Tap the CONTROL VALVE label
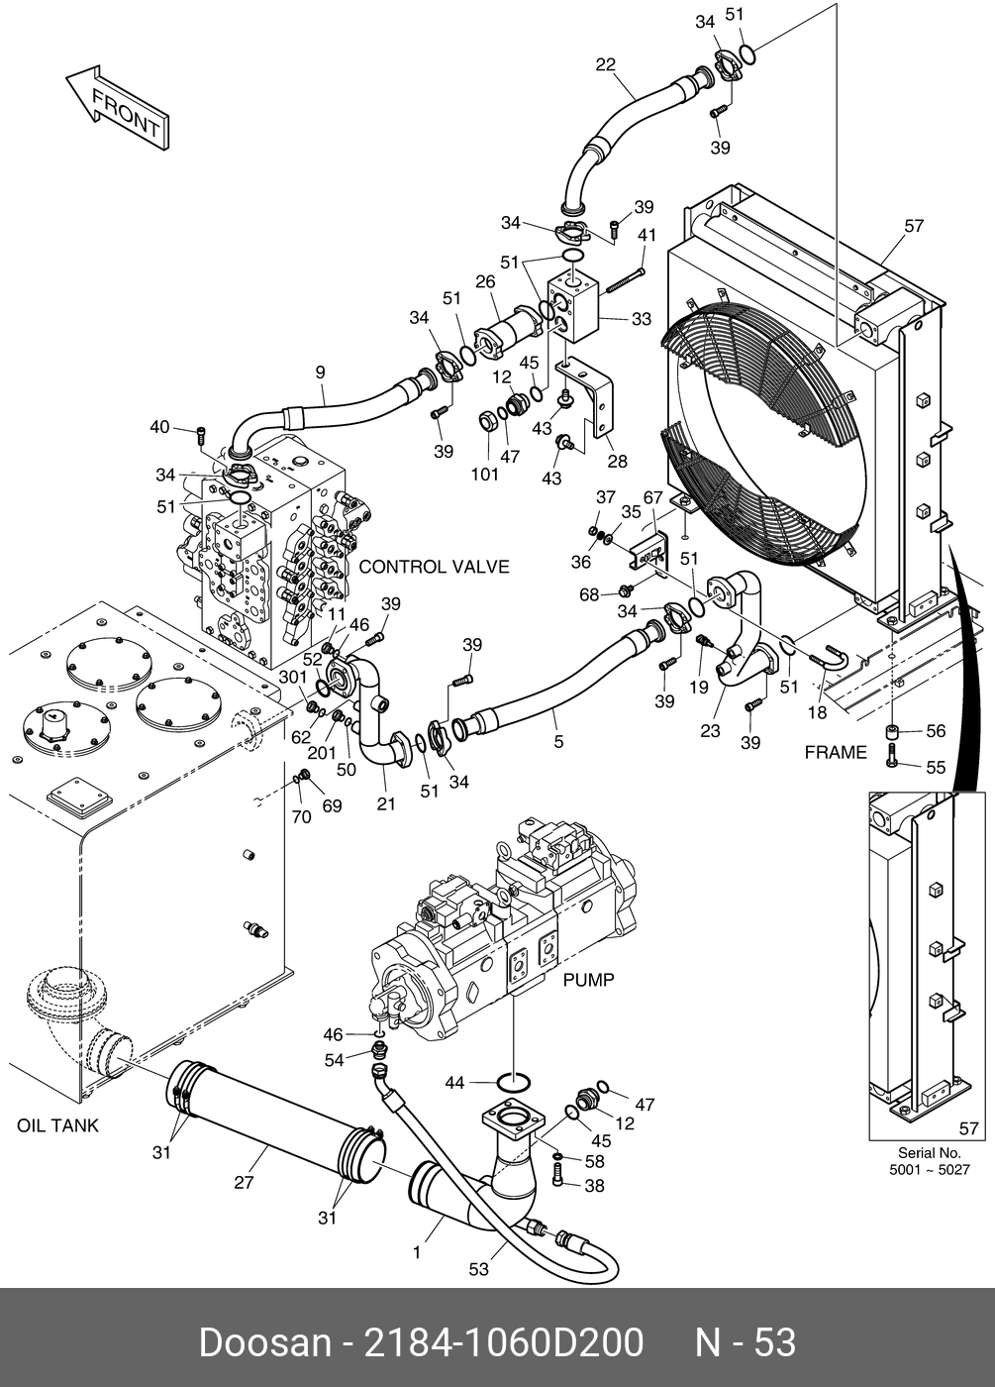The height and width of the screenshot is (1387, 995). (x=434, y=567)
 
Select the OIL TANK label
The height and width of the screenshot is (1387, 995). (x=57, y=1125)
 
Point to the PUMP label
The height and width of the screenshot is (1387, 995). (x=588, y=980)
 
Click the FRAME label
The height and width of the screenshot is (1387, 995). (x=836, y=752)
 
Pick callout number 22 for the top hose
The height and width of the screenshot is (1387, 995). (x=605, y=65)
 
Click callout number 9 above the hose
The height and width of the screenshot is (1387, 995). (x=320, y=373)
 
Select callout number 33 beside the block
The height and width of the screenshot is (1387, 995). (x=642, y=319)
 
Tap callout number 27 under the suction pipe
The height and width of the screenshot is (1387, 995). (x=244, y=1182)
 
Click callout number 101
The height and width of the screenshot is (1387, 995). (x=485, y=474)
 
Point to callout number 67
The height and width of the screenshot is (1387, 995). (x=652, y=496)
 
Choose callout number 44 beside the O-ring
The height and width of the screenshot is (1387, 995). (x=454, y=1083)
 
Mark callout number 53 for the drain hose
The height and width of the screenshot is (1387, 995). (x=478, y=1269)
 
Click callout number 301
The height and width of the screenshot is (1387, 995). (x=292, y=677)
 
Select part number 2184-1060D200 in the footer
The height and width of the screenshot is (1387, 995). (x=504, y=1343)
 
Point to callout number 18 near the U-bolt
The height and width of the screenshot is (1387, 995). (x=817, y=711)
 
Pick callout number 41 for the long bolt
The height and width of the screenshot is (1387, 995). (x=647, y=235)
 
